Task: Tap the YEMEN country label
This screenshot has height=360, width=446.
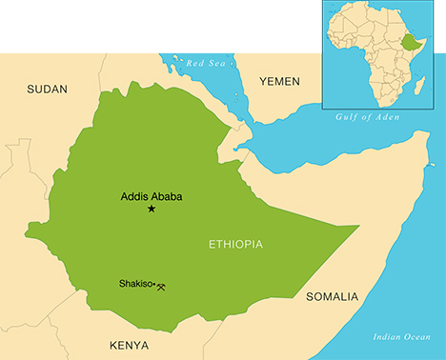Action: [279, 82]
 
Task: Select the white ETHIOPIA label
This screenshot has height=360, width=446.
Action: [235, 245]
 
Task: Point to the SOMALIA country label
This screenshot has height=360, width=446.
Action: [332, 297]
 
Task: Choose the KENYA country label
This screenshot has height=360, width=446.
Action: [130, 344]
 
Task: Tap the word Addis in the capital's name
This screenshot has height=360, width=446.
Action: [134, 197]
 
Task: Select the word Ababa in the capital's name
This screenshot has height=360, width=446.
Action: [167, 197]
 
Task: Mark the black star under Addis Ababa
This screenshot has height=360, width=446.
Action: [151, 209]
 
